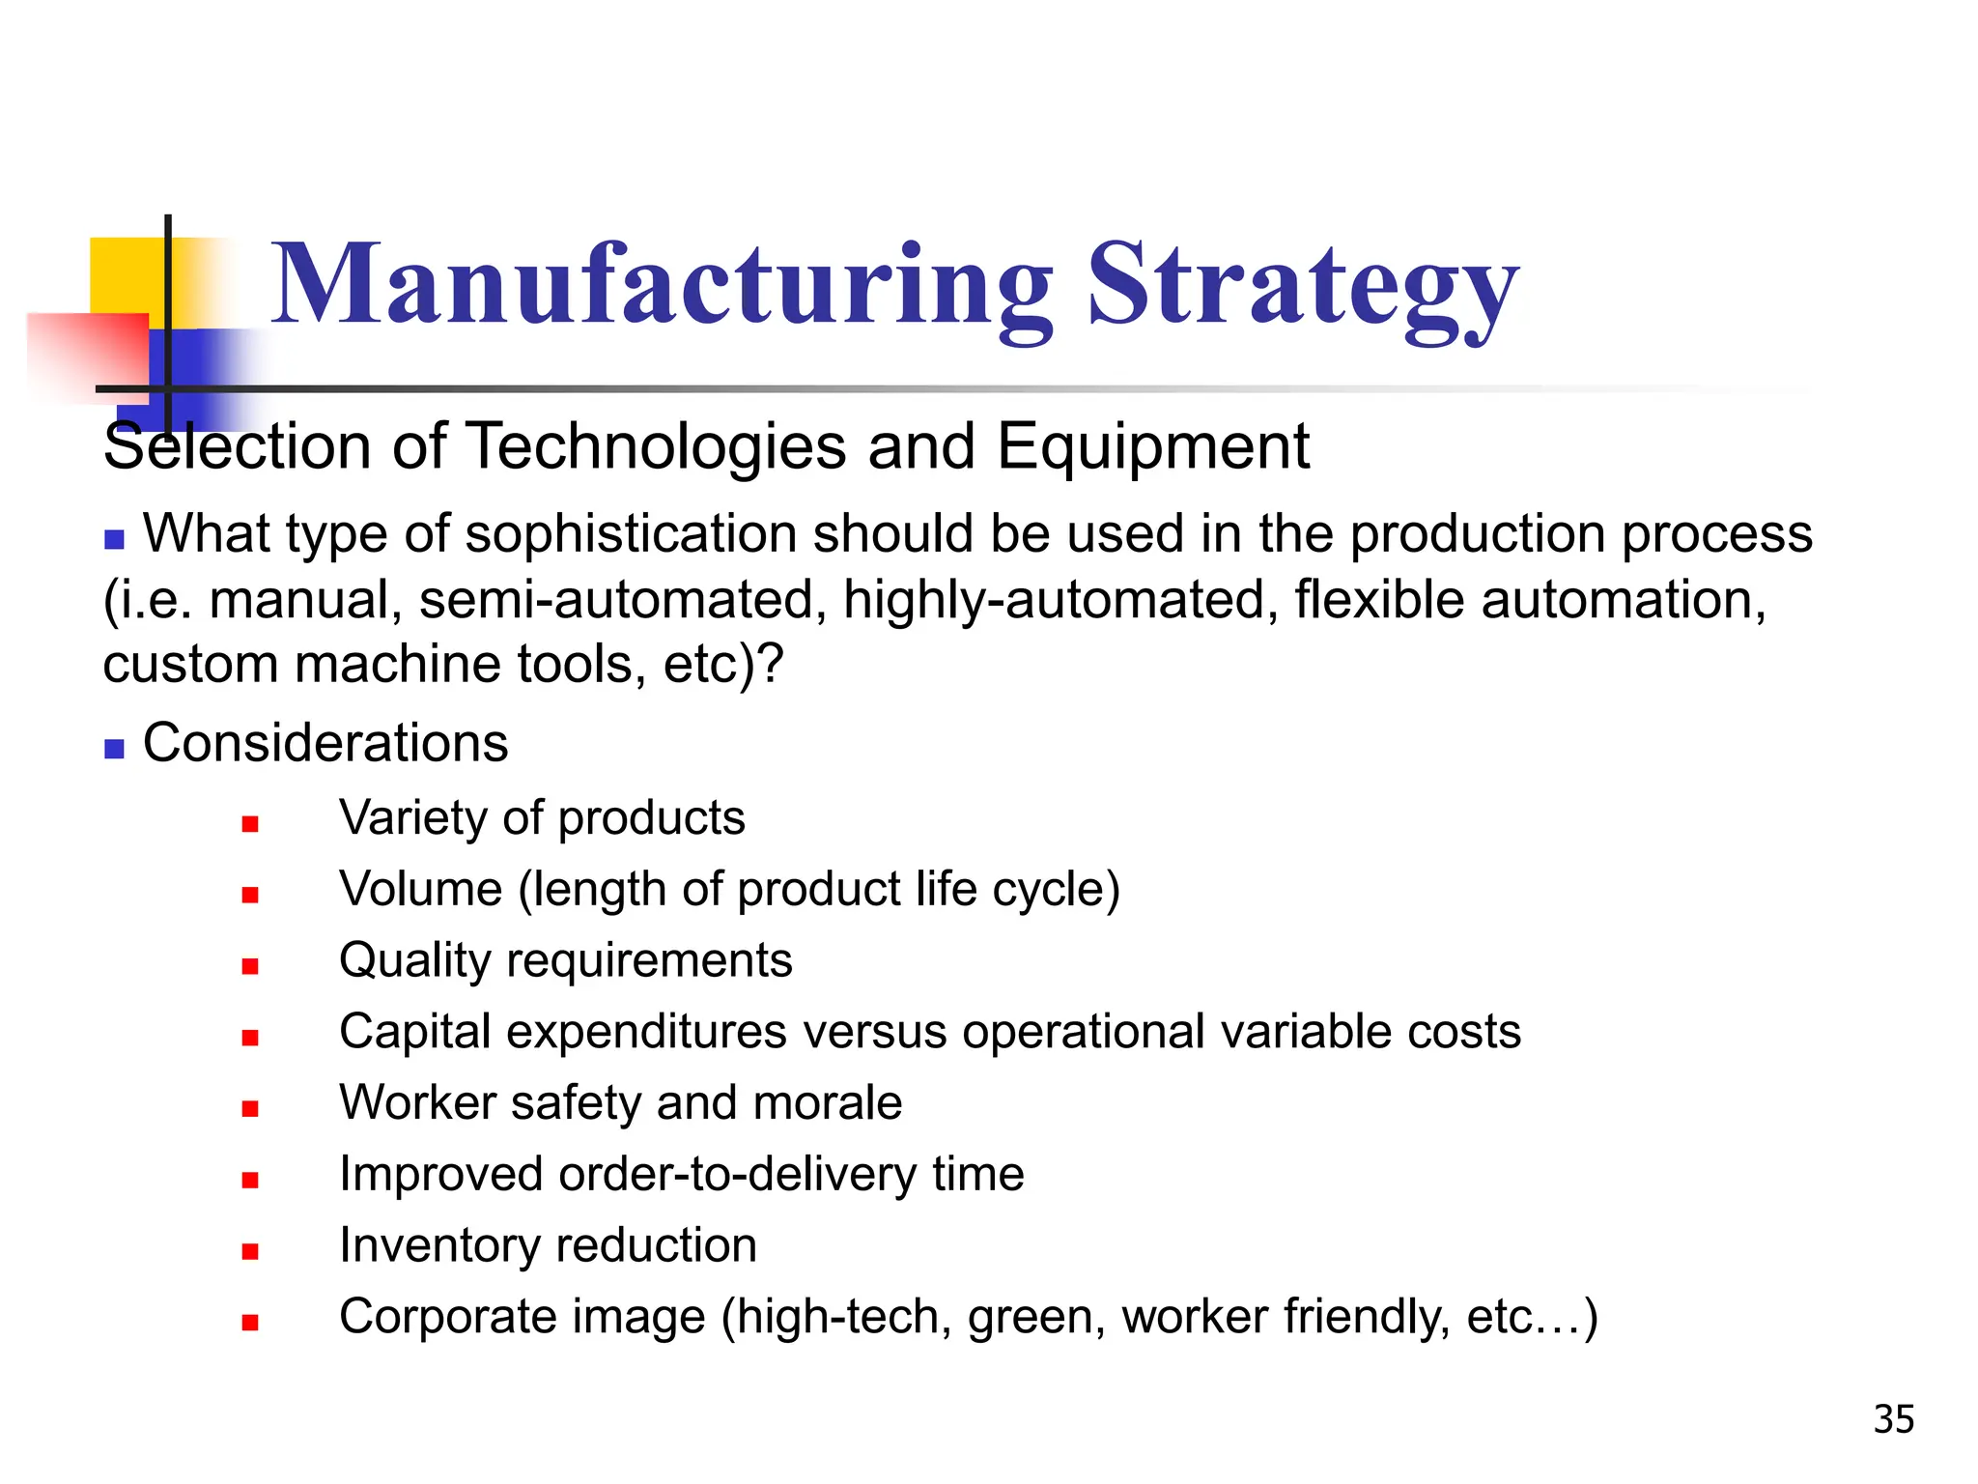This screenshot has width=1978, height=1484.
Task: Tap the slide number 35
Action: tap(1893, 1419)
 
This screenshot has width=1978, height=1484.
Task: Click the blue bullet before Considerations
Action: tap(115, 749)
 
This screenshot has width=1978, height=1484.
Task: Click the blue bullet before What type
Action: tap(115, 539)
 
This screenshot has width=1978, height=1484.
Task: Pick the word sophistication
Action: tap(631, 534)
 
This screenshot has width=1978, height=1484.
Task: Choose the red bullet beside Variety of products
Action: tap(250, 824)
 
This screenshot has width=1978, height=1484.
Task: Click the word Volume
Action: tap(421, 889)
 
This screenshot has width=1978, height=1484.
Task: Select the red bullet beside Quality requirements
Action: tap(250, 966)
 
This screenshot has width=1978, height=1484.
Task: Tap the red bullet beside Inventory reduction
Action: tap(250, 1251)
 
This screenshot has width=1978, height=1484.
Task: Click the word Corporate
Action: tap(523, 1317)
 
